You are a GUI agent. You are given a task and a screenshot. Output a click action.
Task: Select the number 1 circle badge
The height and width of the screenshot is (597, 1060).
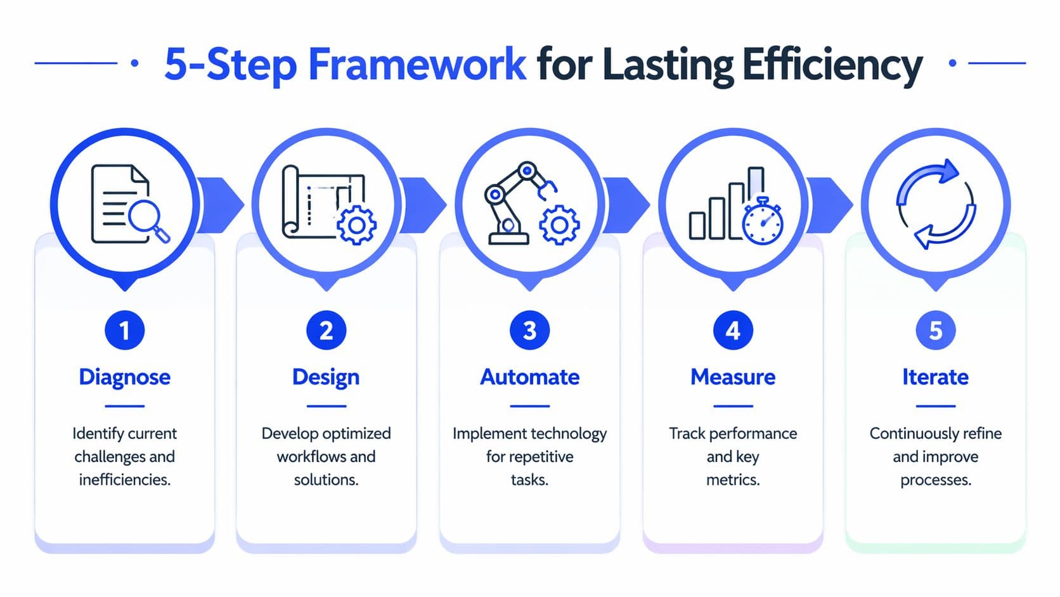pyautogui.click(x=125, y=331)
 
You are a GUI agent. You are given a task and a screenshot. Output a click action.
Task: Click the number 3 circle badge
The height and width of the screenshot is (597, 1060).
pyautogui.click(x=530, y=331)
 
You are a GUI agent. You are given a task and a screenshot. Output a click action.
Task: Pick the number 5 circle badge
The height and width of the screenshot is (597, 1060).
pyautogui.click(x=936, y=331)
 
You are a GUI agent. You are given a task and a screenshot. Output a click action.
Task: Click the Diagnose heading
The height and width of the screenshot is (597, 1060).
pyautogui.click(x=125, y=377)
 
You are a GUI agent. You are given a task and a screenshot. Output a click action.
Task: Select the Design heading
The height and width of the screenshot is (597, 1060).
pyautogui.click(x=326, y=377)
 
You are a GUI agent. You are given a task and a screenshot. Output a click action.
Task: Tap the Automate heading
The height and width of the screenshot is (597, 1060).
pyautogui.click(x=530, y=377)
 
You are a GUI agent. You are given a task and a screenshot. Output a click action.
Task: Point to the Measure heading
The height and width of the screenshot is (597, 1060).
pyautogui.click(x=733, y=377)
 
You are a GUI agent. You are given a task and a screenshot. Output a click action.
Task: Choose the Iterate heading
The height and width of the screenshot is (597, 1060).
pyautogui.click(x=936, y=377)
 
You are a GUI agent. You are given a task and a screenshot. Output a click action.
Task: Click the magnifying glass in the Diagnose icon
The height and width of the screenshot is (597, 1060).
pyautogui.click(x=147, y=219)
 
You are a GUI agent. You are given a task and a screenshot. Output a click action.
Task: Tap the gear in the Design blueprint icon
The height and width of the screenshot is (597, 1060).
pyautogui.click(x=356, y=225)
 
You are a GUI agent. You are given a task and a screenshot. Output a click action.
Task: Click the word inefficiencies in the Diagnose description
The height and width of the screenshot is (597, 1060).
pyautogui.click(x=125, y=480)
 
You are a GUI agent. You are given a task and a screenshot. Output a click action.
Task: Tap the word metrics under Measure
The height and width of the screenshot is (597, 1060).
pyautogui.click(x=733, y=480)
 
